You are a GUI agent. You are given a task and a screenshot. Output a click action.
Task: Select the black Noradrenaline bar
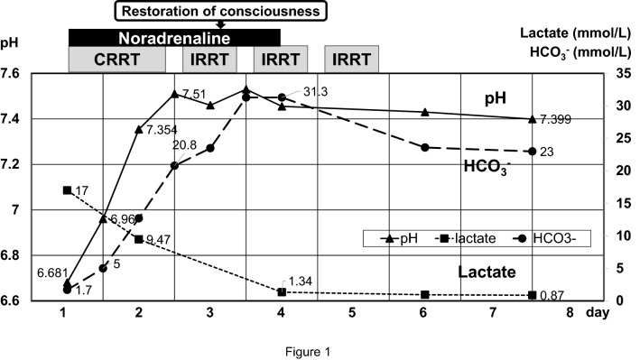[174, 37]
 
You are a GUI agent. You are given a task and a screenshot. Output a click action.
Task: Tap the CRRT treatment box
[117, 59]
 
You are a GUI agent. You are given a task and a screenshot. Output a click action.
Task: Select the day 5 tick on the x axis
[353, 313]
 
